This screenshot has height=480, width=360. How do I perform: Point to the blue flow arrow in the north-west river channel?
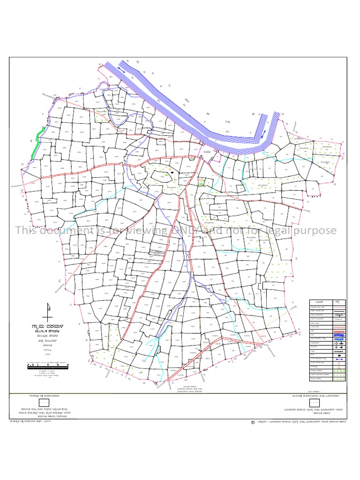[x=121, y=69]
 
